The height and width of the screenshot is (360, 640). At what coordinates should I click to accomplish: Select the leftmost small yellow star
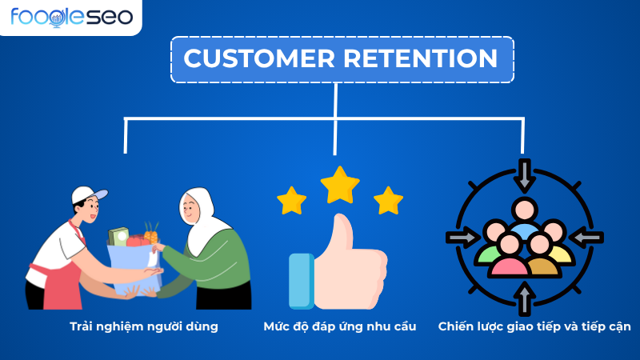click(291, 199)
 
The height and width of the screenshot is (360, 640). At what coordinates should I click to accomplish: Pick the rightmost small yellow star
click(388, 200)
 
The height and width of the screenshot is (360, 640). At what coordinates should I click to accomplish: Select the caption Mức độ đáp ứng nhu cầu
click(339, 326)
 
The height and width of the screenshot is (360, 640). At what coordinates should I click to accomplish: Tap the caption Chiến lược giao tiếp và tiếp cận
click(534, 326)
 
